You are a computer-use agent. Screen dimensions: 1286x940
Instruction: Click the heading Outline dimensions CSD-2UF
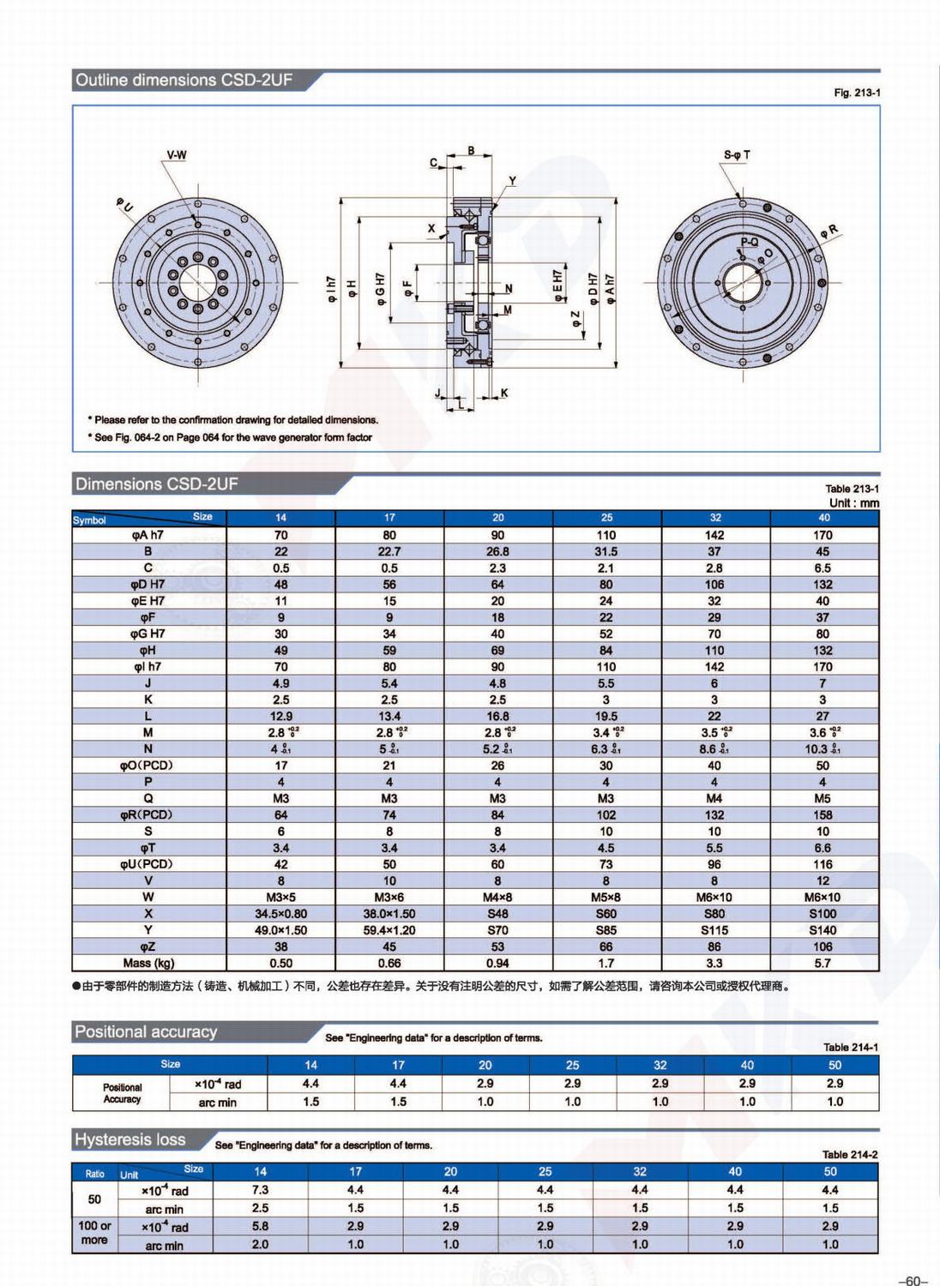(184, 81)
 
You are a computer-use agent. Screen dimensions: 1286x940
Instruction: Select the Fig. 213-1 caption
(856, 93)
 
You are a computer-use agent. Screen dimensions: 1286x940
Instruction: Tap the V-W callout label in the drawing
(177, 155)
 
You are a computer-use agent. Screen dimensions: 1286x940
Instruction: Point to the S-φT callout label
(736, 155)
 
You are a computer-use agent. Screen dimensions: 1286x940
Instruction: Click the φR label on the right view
(829, 231)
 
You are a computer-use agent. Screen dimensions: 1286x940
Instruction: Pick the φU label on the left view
(125, 205)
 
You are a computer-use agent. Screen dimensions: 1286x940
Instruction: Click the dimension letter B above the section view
(471, 151)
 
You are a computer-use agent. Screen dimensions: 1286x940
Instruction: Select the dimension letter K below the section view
(504, 393)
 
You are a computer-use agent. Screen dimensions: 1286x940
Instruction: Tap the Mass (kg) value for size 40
(822, 963)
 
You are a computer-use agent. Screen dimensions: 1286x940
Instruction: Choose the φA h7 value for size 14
(280, 535)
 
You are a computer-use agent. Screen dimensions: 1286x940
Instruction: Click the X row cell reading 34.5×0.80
(280, 914)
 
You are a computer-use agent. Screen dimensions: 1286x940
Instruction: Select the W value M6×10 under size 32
(714, 897)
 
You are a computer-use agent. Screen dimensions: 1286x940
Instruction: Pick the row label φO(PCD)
(147, 765)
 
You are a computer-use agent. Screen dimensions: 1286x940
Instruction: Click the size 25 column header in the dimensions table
(606, 518)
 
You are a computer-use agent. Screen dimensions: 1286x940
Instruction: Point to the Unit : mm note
(853, 503)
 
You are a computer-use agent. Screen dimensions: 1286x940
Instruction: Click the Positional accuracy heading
(146, 1032)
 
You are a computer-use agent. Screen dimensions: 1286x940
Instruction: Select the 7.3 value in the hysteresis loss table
(260, 1190)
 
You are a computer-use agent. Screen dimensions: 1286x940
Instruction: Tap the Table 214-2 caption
(849, 1155)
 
